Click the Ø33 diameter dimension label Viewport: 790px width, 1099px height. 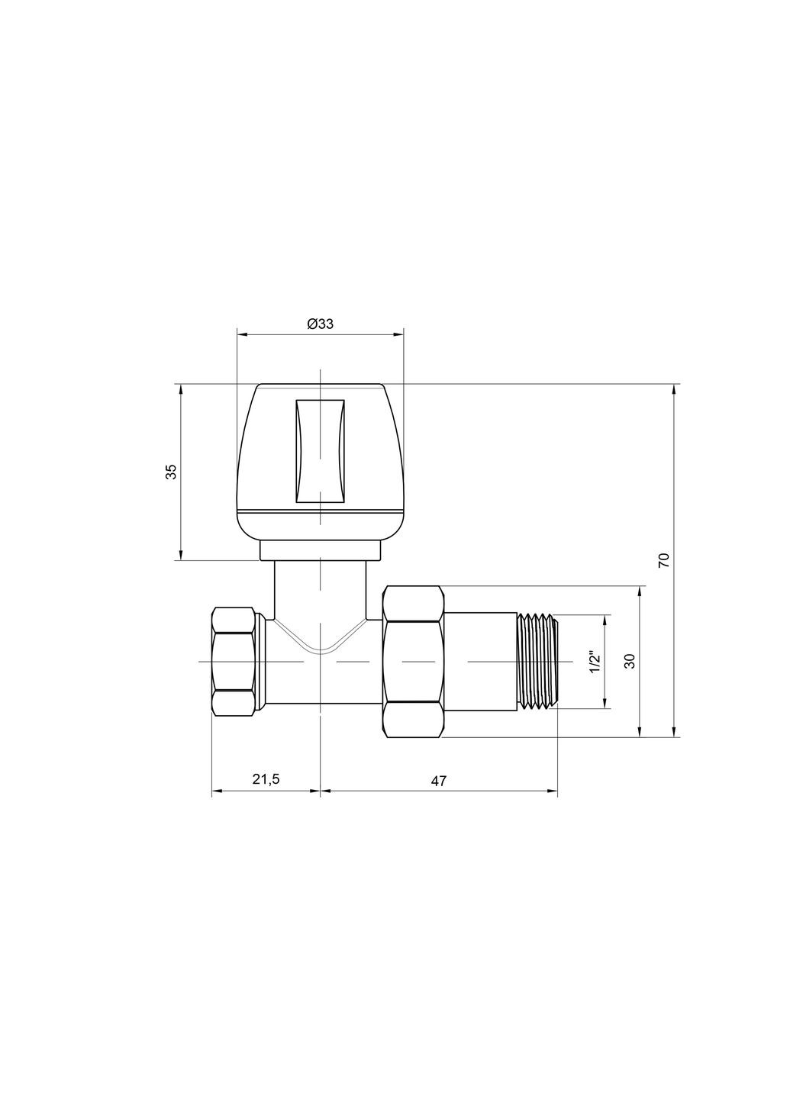[320, 324]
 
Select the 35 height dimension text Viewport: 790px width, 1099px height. [172, 472]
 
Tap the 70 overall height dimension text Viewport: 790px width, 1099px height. [663, 559]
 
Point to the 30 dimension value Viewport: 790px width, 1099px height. [630, 661]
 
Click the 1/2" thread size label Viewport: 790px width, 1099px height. [595, 661]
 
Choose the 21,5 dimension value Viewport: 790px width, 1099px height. [266, 779]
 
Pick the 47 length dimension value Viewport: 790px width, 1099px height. [438, 780]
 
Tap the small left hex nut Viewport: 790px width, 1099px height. [234, 661]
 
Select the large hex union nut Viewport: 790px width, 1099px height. [414, 661]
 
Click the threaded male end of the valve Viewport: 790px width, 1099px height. [539, 661]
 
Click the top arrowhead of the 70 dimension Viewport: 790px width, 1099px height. [674, 389]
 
